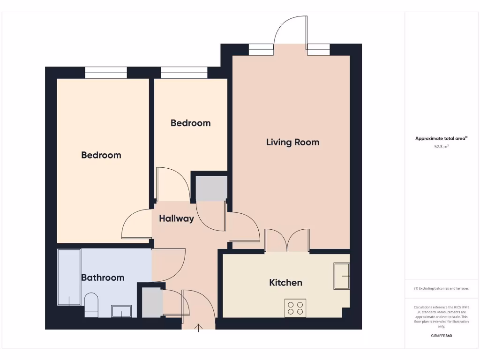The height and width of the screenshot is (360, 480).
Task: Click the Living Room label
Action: (292, 142)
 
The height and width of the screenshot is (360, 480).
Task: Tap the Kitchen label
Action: (285, 283)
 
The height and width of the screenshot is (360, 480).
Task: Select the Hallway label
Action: (176, 218)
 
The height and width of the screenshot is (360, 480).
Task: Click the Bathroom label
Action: (103, 277)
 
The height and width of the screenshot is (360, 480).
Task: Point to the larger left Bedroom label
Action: (101, 155)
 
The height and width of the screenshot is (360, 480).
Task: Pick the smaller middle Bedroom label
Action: (190, 123)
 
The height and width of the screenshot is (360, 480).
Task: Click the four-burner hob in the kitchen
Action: (295, 308)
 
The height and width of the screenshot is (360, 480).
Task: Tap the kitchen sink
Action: (342, 277)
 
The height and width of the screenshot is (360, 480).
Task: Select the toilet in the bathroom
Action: (91, 303)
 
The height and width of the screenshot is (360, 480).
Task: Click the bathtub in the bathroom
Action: (69, 277)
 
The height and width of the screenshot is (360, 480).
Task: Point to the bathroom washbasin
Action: (121, 311)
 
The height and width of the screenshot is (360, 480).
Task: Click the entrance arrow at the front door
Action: (199, 327)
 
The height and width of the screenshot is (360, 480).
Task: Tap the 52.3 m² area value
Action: (441, 147)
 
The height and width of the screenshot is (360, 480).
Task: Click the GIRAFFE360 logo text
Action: (441, 336)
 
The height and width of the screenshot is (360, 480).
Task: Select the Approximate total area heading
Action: (441, 138)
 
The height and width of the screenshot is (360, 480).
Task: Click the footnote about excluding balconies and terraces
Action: (441, 288)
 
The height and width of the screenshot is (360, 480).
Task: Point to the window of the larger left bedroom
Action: (106, 73)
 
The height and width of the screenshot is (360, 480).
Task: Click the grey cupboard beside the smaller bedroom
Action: (211, 188)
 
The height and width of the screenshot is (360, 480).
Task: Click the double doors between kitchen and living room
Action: (287, 240)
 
